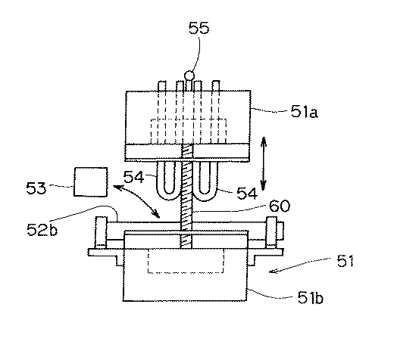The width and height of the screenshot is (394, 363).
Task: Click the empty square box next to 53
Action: pyautogui.click(x=90, y=182)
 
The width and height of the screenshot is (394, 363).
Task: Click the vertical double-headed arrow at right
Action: pyautogui.click(x=262, y=163)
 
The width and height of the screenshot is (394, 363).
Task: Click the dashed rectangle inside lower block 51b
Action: pyautogui.click(x=185, y=262)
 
